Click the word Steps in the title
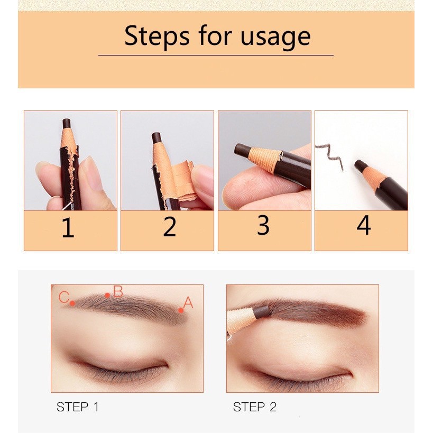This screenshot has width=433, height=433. pos(157,36)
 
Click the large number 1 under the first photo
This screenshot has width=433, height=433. pos(68,227)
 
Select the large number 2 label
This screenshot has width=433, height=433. pos(169,227)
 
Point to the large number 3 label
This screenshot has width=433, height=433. pos(263,225)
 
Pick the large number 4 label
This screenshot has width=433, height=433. pos(363,225)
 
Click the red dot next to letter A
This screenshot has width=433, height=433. pos(181,310)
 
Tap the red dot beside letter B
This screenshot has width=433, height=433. pos(107,295)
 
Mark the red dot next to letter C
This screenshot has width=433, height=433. pos(72,303)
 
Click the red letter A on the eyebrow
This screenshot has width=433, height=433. pos(188,302)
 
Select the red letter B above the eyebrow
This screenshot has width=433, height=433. pos(118,291)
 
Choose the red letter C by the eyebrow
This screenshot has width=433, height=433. pos(64,298)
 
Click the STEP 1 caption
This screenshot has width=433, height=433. pos(78,407)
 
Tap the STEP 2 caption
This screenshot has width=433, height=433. pos(255,407)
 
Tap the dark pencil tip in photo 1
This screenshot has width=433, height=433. pos(67,123)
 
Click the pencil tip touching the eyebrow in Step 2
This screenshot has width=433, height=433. pos(261,312)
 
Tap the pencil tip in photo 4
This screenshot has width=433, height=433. pos(360,165)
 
